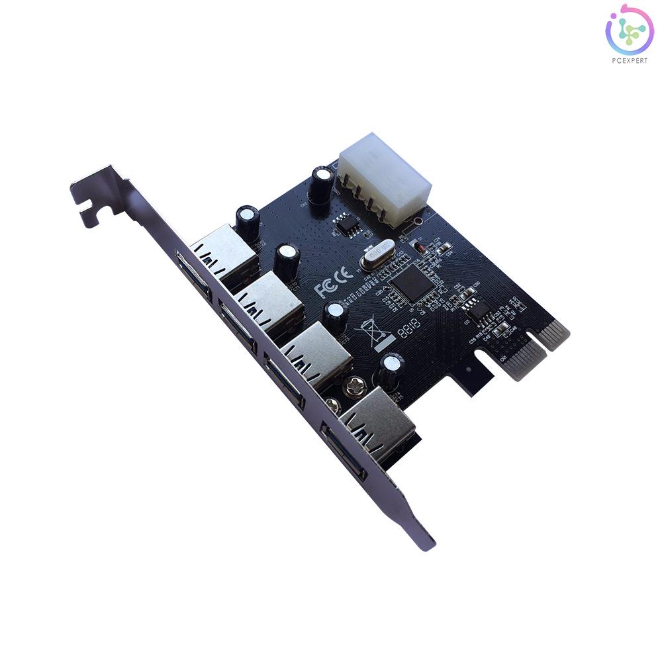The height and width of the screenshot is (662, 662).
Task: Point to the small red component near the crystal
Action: (x=418, y=248)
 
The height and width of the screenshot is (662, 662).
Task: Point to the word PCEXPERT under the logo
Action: (x=629, y=60)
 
